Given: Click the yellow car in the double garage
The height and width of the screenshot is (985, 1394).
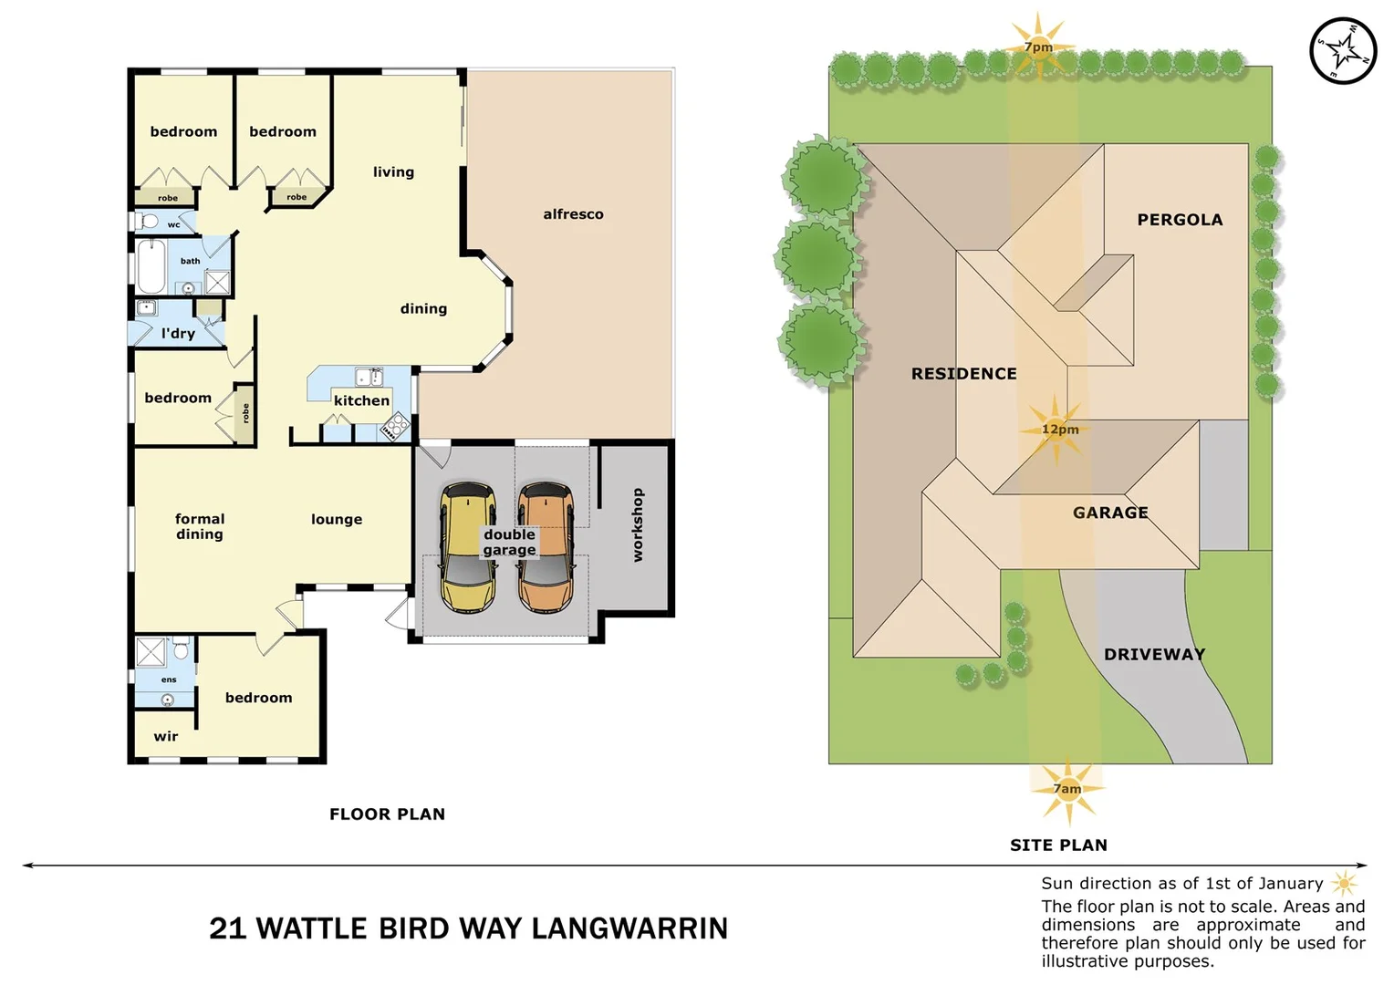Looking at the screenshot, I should [468, 547].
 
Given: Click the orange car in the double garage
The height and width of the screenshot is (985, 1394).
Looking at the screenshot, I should [546, 547].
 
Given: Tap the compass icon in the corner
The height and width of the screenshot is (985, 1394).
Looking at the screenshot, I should [1342, 50].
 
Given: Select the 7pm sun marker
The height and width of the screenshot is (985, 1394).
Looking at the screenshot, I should [1038, 47].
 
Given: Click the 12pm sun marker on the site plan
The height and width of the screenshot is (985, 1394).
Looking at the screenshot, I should [1058, 429].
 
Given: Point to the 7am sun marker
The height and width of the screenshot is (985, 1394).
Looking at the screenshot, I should [1067, 789].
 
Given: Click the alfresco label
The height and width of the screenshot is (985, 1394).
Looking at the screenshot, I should [573, 214].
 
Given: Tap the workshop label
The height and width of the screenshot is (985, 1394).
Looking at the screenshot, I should [638, 525].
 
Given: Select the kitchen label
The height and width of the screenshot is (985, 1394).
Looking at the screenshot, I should [361, 400].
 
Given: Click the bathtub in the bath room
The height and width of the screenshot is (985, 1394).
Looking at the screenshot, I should [151, 265].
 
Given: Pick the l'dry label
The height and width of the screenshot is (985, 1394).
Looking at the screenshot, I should [178, 334].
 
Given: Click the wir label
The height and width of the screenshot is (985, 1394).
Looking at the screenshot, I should [165, 737].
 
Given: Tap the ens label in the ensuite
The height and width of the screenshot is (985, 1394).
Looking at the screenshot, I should [169, 679].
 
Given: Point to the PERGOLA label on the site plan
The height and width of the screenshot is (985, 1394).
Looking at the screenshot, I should [1179, 220].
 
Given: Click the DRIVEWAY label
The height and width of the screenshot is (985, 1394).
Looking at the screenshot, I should [1154, 655].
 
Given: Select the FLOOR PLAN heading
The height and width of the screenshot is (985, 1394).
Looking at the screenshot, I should [387, 814].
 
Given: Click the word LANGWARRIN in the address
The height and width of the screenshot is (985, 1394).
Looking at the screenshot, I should [629, 928].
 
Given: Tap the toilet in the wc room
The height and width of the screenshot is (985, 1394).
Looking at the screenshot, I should [149, 222].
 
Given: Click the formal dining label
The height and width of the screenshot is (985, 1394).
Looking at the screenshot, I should [200, 526].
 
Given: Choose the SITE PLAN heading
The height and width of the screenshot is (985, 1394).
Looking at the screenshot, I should [1058, 845].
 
